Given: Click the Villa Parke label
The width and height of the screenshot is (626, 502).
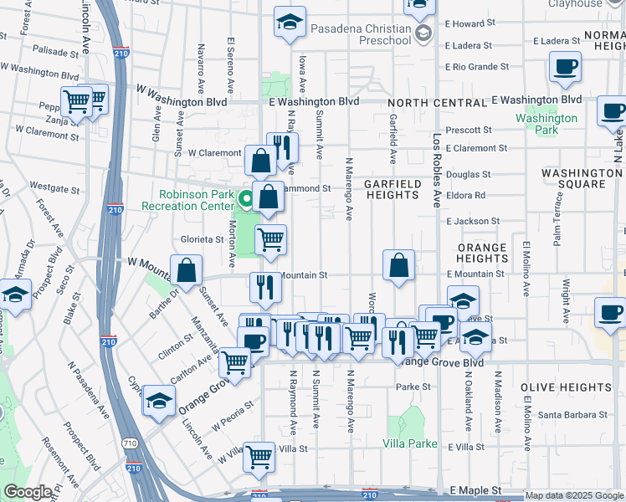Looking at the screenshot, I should [410, 443].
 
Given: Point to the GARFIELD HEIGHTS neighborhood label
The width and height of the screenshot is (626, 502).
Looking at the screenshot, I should [392, 188].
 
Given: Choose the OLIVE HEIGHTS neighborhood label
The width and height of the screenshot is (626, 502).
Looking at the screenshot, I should [566, 387].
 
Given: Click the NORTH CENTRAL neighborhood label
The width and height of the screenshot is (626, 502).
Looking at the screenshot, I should [438, 102].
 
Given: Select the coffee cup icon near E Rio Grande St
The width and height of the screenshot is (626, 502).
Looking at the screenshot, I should [565, 66].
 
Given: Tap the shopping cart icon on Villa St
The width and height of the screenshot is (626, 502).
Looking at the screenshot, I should [259, 456].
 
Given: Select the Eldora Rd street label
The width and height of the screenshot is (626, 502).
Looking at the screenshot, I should [466, 195].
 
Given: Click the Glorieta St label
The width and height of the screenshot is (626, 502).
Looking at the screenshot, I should [201, 239].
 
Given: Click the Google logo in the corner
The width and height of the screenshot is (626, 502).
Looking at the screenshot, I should [28, 492].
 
